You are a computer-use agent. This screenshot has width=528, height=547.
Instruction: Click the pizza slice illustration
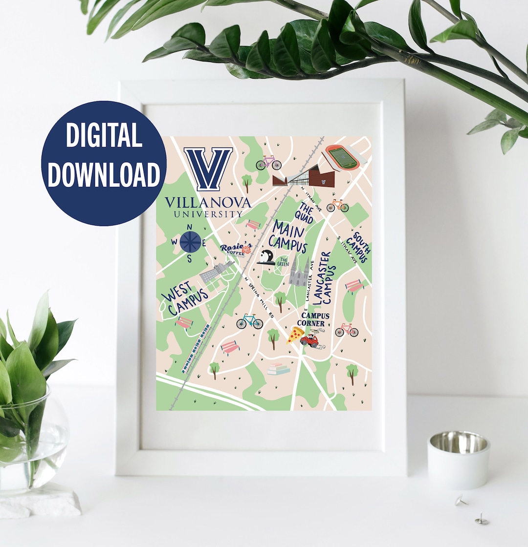tap(295, 335)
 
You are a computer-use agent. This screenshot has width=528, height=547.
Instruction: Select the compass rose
tap(190, 242)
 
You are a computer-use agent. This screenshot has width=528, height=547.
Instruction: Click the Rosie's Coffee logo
tap(236, 250)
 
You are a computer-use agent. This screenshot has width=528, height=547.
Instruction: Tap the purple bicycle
tap(268, 163)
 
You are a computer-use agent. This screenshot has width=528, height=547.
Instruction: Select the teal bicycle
tap(249, 321)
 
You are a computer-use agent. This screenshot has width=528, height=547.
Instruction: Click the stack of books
tap(278, 369)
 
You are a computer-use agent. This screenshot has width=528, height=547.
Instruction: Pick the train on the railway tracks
tap(196, 349)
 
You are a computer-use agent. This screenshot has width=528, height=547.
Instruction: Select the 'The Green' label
tap(283, 262)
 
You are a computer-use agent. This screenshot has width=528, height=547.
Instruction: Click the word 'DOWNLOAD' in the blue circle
tap(104, 174)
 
